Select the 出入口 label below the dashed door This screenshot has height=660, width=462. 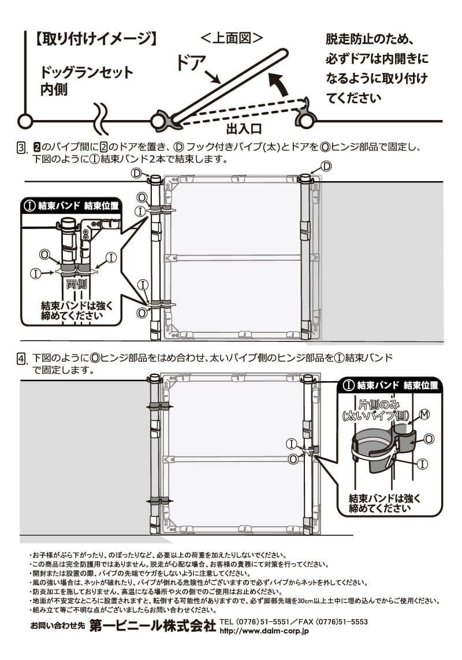(244, 127)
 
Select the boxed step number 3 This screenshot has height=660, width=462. (21, 149)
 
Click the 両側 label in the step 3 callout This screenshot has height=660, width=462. (76, 284)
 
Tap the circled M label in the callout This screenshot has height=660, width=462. (424, 414)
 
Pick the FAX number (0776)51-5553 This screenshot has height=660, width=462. (341, 622)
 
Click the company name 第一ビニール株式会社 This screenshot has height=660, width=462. (152, 627)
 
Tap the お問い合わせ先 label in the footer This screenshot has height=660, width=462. (58, 627)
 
